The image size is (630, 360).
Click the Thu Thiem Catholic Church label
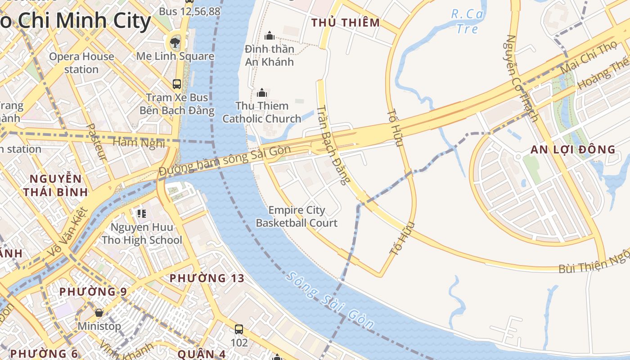[261, 112]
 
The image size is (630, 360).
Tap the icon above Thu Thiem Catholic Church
[261, 93]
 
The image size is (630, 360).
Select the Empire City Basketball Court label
[297, 216]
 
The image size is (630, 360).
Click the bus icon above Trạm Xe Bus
[177, 84]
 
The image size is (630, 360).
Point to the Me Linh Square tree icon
[175, 43]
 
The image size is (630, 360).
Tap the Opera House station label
[81, 63]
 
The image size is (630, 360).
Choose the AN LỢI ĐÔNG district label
[572, 150]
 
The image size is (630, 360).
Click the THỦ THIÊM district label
[346, 22]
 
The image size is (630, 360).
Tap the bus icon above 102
[239, 329]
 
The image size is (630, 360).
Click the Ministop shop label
[99, 326]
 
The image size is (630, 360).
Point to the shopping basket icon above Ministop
[99, 312]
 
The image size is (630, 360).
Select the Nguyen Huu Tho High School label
[142, 234]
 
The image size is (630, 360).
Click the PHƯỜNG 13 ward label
[207, 278]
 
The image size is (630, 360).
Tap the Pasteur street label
[97, 142]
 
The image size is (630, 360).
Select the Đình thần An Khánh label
[270, 55]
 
